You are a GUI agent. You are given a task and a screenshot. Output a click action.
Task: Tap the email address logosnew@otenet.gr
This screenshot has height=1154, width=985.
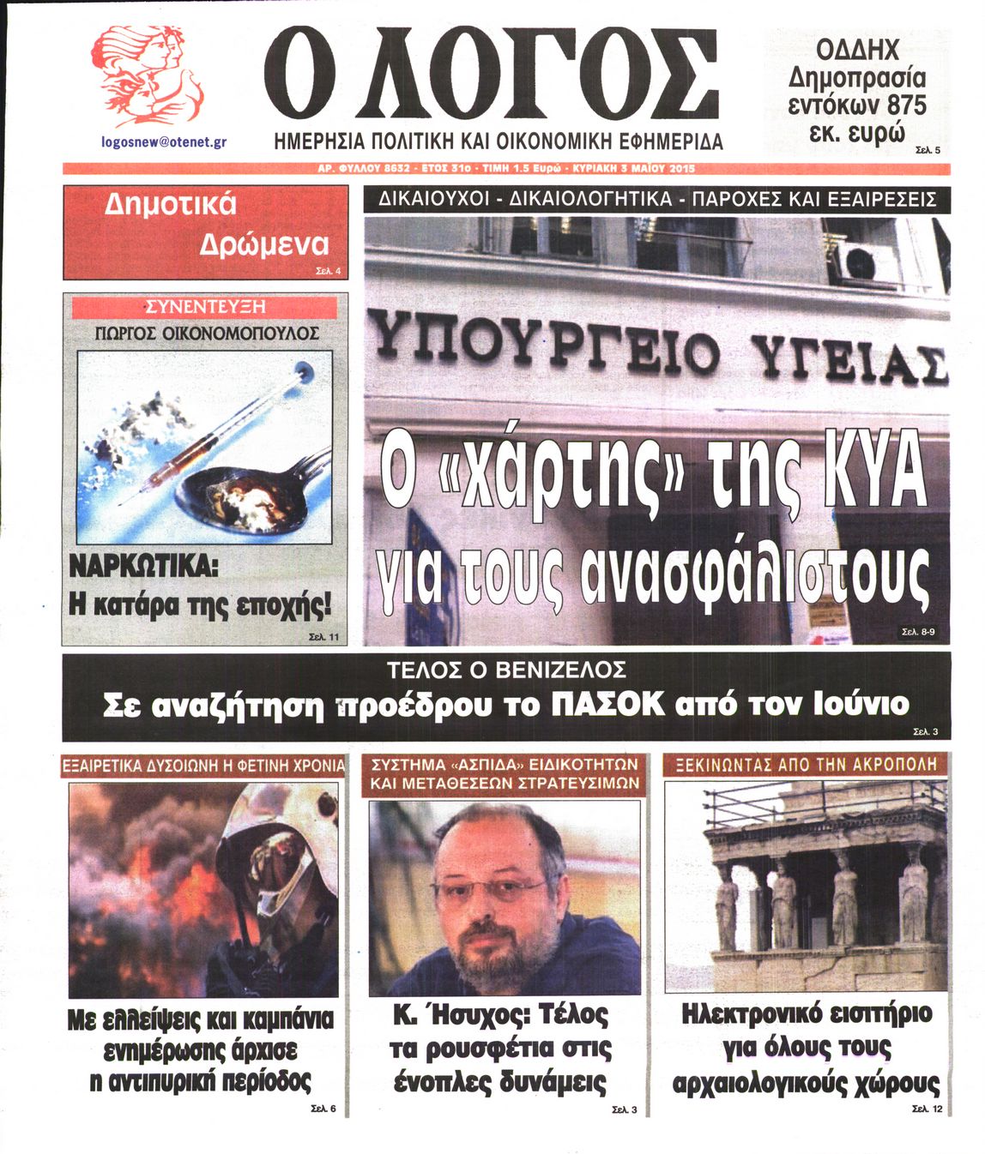tap(164, 141)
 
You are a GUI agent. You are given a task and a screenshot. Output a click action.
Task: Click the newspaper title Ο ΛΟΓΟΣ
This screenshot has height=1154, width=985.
tap(491, 77)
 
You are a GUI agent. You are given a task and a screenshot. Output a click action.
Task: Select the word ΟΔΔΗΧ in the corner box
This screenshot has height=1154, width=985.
tap(856, 49)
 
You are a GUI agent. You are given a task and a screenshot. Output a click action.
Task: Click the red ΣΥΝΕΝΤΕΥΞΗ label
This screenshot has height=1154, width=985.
tap(205, 307)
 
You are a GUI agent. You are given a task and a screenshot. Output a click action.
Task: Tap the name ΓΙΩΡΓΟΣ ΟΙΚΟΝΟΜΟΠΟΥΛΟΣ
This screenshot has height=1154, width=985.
tap(206, 333)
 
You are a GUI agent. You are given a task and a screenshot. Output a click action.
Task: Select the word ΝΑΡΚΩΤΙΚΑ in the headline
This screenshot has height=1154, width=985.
tap(142, 567)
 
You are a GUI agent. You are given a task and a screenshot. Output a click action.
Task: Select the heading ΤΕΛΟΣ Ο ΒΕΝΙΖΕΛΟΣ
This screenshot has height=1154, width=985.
tap(506, 670)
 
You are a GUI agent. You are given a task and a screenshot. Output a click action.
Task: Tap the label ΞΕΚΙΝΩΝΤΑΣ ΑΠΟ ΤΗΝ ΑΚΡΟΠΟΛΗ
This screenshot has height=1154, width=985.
tap(805, 764)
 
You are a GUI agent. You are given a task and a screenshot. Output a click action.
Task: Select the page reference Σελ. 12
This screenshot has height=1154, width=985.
tap(927, 1109)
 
